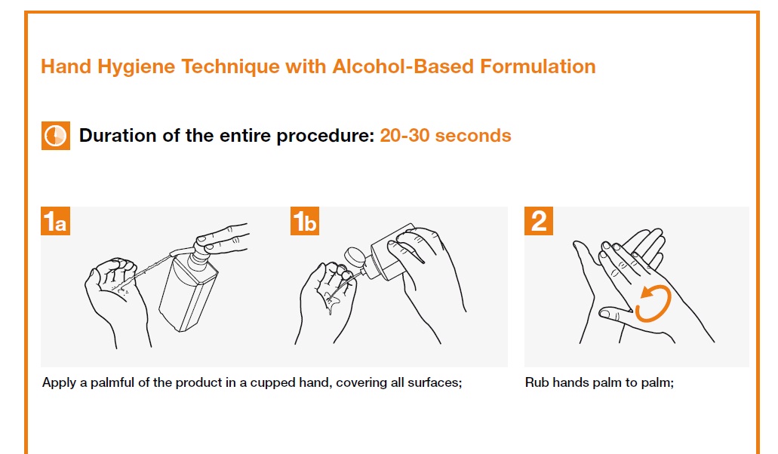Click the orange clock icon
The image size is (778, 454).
[x=56, y=135]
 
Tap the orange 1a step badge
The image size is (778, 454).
[x=55, y=221]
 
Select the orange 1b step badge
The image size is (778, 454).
[x=305, y=221]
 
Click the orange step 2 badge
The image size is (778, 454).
[x=538, y=221]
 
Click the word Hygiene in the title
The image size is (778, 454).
[x=136, y=67]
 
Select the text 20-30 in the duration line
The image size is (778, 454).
[x=404, y=135]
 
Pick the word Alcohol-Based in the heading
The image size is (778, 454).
[x=403, y=66]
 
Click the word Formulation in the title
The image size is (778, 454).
[x=538, y=66]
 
